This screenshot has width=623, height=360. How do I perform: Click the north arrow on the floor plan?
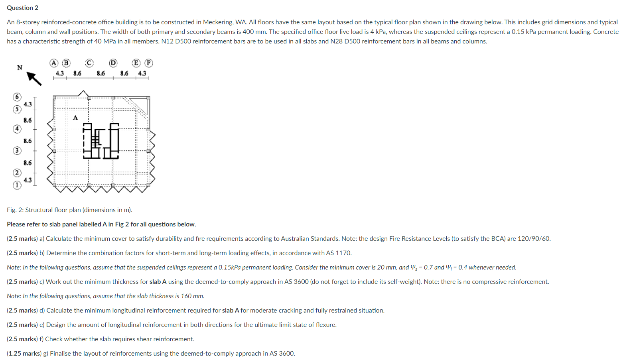(34, 78)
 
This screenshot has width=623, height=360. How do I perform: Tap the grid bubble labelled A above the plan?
(54, 63)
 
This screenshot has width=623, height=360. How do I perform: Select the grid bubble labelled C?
(89, 63)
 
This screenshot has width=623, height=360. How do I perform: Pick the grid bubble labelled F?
(148, 63)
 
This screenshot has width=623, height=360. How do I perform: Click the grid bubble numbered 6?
(17, 97)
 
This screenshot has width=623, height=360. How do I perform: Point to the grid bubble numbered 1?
(17, 185)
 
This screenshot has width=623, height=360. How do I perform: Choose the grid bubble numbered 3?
(17, 150)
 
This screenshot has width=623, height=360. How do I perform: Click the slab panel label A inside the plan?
(75, 118)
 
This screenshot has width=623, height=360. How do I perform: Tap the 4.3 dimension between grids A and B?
(59, 73)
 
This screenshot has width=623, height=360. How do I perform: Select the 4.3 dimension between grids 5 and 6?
(28, 104)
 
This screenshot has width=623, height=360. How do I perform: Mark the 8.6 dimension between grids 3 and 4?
(28, 141)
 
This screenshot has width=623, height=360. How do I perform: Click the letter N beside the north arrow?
(20, 67)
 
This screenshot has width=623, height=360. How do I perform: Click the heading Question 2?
(22, 8)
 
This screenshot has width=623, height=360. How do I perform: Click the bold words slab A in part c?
(158, 282)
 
